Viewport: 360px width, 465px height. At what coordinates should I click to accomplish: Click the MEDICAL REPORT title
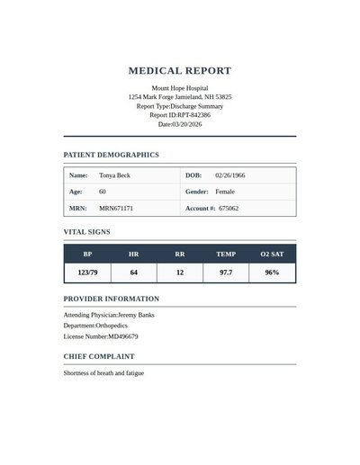click(180, 70)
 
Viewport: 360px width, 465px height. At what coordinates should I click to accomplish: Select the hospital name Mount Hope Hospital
click(180, 88)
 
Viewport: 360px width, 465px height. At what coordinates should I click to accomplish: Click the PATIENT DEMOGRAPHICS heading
click(111, 155)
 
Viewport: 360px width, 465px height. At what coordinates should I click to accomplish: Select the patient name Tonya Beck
click(114, 175)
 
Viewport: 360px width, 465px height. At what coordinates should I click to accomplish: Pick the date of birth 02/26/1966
click(230, 175)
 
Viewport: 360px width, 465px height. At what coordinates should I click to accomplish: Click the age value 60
click(103, 192)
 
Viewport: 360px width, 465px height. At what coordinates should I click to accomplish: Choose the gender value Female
click(225, 192)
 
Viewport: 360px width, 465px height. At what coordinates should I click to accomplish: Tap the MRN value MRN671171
click(116, 208)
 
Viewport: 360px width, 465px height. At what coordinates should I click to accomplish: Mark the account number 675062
click(229, 208)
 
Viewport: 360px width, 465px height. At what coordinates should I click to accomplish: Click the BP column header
click(87, 255)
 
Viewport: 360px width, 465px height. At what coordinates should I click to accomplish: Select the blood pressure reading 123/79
click(87, 272)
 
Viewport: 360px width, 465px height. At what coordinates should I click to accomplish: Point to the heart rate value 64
click(134, 272)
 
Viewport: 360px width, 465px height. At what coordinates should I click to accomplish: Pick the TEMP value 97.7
click(226, 272)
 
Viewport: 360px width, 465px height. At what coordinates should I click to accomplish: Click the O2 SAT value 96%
click(272, 272)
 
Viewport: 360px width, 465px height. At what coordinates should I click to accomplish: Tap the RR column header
click(180, 255)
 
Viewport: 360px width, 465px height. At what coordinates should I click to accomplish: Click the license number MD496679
click(123, 336)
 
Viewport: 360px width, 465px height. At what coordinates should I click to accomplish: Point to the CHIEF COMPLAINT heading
click(100, 356)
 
